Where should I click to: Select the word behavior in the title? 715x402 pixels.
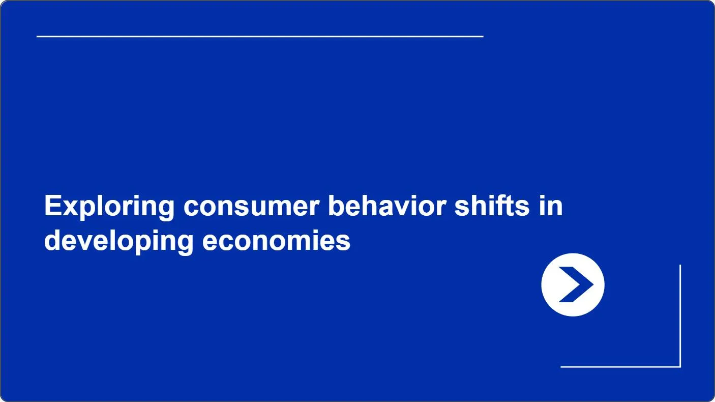(387, 206)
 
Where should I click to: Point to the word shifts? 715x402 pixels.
(492, 206)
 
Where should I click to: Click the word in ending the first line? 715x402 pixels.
(551, 206)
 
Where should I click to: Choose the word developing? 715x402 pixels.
(118, 242)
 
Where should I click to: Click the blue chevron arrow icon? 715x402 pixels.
(576, 284)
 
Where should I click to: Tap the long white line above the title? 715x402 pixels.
(260, 37)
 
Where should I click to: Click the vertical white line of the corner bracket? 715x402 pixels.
(680, 316)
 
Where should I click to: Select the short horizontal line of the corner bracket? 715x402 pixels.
(620, 367)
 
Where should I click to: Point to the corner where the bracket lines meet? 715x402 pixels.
(680, 367)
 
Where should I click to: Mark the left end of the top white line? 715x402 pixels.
(37, 37)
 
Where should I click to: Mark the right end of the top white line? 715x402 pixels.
(483, 37)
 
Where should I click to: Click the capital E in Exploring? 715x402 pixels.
(53, 206)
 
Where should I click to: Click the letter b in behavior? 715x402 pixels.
(337, 206)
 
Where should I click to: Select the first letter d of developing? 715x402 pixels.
(53, 240)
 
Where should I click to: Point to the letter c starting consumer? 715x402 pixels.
(192, 209)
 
